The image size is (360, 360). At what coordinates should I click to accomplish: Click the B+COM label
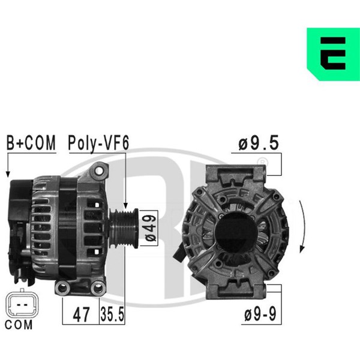click(x=31, y=143)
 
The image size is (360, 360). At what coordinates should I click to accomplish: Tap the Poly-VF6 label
click(x=98, y=143)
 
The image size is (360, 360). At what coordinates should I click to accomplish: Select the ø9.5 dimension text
click(x=259, y=143)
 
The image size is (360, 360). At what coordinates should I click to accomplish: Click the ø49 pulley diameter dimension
click(x=151, y=228)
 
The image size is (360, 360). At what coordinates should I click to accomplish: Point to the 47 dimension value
click(x=81, y=315)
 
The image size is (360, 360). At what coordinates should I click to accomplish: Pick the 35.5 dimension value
click(x=112, y=314)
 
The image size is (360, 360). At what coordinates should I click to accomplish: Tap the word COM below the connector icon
click(x=19, y=325)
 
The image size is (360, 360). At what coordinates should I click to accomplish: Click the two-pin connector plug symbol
click(x=22, y=303)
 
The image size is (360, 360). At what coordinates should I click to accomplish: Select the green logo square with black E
click(x=334, y=54)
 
